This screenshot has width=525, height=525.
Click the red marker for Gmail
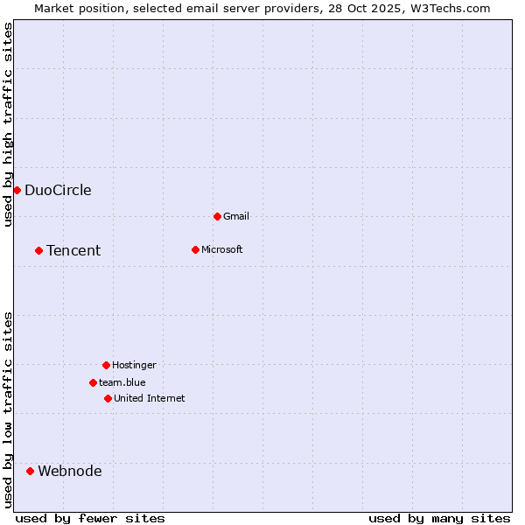217,216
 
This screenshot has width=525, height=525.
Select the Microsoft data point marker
195,249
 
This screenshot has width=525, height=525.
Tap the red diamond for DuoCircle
17,190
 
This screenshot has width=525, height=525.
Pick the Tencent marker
38,250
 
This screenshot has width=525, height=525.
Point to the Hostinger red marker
106,365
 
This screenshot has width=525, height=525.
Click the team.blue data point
93,382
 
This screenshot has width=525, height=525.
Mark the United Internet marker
108,398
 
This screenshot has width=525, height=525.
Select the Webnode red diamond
30,471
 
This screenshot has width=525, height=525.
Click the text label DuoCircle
58,191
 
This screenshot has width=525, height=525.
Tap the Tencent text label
73,251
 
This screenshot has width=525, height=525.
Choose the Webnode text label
70,472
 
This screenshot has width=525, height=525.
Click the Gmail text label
236,217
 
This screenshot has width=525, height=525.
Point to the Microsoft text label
222,250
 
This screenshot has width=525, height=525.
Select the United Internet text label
150,399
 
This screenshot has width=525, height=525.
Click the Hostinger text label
134,366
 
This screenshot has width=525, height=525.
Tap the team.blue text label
122,383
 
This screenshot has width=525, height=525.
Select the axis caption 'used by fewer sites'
90,518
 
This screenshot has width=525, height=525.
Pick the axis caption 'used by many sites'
439,518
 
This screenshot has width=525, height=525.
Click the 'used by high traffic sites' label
8,124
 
